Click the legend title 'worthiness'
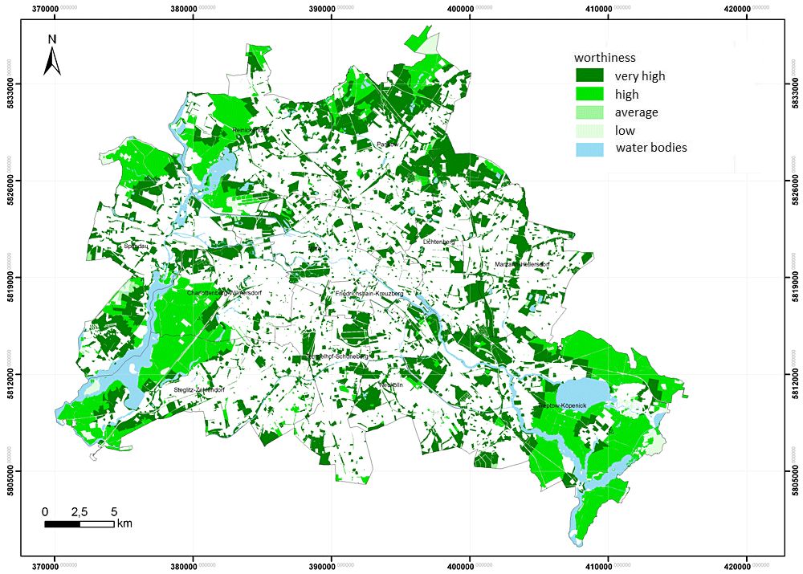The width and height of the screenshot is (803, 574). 605,58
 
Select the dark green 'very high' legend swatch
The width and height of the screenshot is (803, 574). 589,76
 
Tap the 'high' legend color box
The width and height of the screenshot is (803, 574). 589,94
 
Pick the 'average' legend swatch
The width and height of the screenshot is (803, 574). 589,112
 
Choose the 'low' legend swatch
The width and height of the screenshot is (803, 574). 589,130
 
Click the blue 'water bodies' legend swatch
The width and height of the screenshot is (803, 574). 589,148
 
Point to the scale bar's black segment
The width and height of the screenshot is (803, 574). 62,524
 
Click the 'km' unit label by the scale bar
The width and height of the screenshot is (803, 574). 124,524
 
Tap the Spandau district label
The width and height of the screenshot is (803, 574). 136,247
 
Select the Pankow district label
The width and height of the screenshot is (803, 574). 387,145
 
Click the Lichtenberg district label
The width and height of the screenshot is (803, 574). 439,242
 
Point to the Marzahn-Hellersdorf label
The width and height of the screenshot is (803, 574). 522,264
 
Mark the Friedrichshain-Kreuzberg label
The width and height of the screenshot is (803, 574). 369,294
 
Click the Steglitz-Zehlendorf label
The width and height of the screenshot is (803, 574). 198,389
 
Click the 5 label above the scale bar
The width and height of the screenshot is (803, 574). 114,511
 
